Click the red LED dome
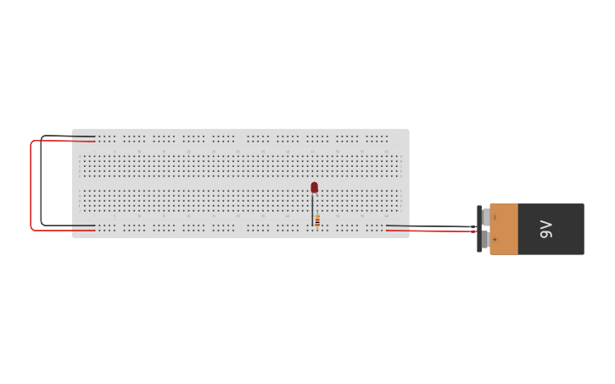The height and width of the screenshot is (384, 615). pyautogui.click(x=314, y=186)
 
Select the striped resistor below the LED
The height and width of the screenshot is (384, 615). pyautogui.click(x=317, y=220)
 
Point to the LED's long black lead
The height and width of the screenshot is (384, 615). pyautogui.click(x=312, y=207)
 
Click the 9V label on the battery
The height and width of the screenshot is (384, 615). pyautogui.click(x=546, y=229)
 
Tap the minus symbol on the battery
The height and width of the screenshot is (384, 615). pyautogui.click(x=495, y=218)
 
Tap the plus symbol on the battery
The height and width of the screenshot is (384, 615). pyautogui.click(x=495, y=240)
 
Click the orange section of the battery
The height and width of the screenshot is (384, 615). pyautogui.click(x=504, y=229)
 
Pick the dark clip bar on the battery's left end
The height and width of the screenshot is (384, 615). pyautogui.click(x=479, y=229)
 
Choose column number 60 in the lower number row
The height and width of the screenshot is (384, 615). pyautogui.click(x=386, y=216)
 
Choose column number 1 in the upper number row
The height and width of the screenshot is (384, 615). pyautogui.click(x=90, y=152)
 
